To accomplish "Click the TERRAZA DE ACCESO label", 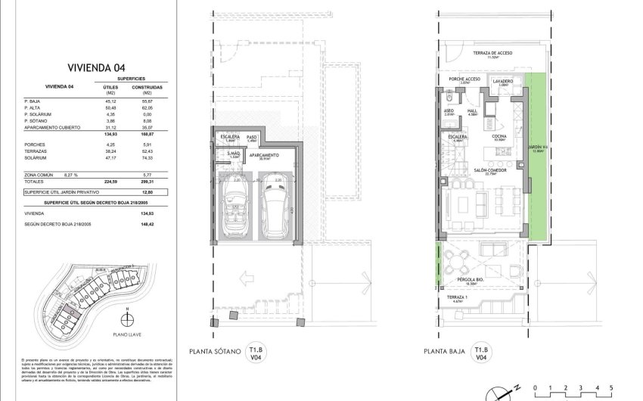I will pyautogui.click(x=493, y=53).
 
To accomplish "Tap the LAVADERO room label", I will pyautogui.click(x=503, y=80).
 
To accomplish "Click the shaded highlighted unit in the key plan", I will pyautogui.click(x=70, y=311).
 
